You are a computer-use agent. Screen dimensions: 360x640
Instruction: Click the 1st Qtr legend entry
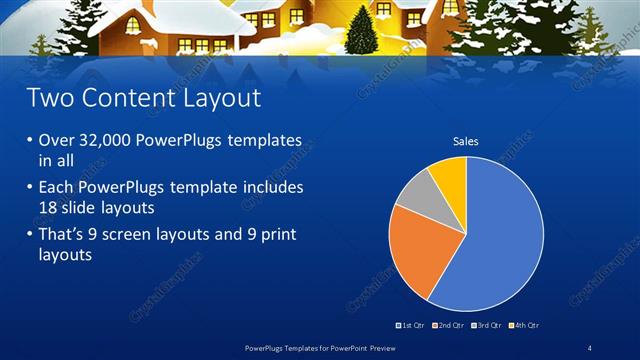click(412, 325)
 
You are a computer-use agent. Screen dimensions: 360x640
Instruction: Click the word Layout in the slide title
click(216, 98)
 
